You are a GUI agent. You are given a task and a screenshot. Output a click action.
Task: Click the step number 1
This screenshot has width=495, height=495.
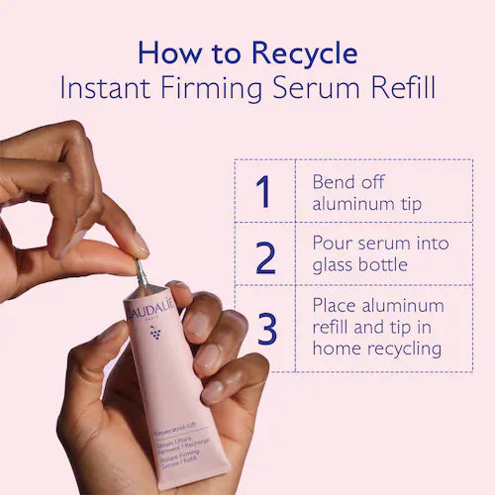point(264,191)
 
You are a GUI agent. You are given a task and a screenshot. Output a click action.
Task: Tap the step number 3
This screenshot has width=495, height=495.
point(265,328)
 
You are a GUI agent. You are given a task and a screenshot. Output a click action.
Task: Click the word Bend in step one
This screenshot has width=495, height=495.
point(334,183)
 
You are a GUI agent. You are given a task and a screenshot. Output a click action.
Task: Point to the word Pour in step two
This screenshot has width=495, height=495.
point(333,244)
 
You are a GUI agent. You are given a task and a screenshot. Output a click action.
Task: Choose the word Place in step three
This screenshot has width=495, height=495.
point(336,305)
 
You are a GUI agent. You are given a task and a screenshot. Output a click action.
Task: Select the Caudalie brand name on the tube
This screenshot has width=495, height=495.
point(152,313)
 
